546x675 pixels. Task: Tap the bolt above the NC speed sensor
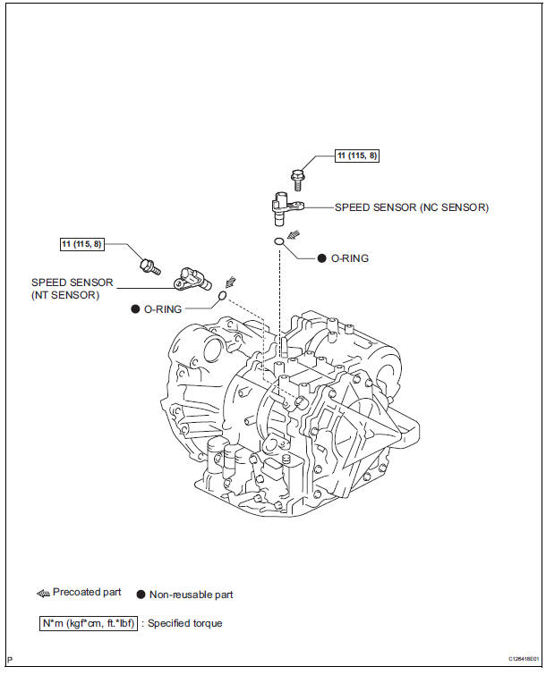point(298,178)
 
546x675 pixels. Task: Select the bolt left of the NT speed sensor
point(149,265)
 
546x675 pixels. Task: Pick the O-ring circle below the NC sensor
point(280,240)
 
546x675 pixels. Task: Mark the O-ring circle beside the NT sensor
point(223,297)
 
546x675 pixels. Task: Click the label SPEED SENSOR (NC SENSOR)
point(412,207)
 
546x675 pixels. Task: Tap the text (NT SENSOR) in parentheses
point(65,294)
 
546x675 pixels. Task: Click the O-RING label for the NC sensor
point(350,258)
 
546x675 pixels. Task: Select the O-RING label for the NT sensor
point(163,308)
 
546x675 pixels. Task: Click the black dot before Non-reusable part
point(141,594)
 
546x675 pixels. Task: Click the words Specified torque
point(184,623)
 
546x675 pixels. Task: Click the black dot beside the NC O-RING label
point(321,258)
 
